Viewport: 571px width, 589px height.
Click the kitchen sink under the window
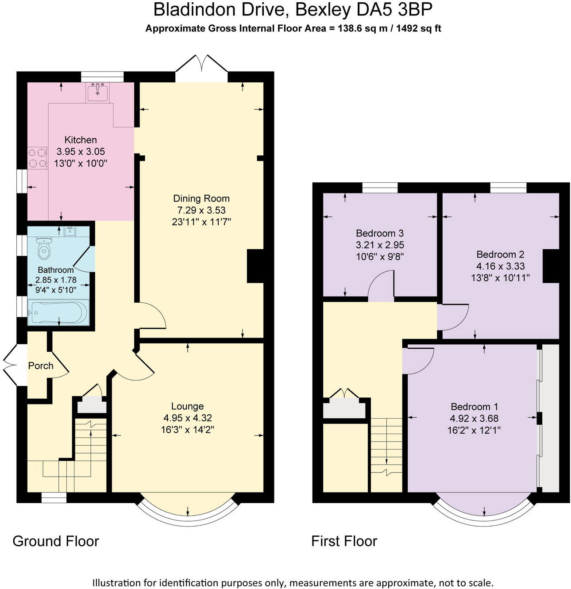click(x=97, y=92)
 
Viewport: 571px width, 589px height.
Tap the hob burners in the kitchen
click(x=37, y=158)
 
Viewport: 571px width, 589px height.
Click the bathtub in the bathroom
click(x=58, y=313)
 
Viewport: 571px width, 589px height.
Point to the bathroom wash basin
click(x=70, y=231)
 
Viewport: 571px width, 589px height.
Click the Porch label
click(x=41, y=366)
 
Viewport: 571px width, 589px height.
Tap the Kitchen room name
click(x=81, y=140)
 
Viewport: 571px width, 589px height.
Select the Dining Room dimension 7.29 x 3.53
click(x=201, y=210)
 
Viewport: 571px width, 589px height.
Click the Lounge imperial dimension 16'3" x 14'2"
click(x=187, y=429)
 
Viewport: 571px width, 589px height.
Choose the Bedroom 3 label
click(x=380, y=233)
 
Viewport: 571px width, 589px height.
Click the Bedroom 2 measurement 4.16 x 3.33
click(x=500, y=266)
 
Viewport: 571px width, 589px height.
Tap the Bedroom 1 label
click(x=474, y=407)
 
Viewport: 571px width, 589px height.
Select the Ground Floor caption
click(x=56, y=541)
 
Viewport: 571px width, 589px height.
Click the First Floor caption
click(x=344, y=541)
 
